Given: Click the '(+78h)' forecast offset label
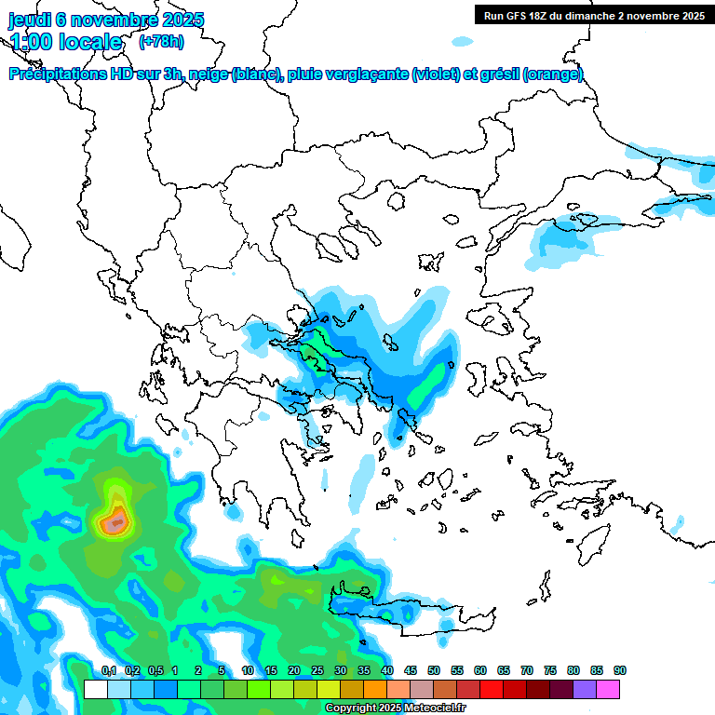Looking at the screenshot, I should (161, 41).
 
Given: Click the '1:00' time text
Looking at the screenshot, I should (29, 42).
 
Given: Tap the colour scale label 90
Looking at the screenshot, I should (620, 670).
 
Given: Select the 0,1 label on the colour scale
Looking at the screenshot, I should (108, 670).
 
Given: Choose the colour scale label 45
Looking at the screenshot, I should (411, 670).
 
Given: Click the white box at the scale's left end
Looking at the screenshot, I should (95, 689).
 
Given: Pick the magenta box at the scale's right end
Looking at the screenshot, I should (608, 689).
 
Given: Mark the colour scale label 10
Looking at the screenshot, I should (248, 670).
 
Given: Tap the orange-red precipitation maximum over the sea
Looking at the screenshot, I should (115, 523).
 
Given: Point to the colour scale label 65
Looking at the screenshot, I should (504, 670).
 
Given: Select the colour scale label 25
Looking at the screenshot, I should (317, 670).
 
